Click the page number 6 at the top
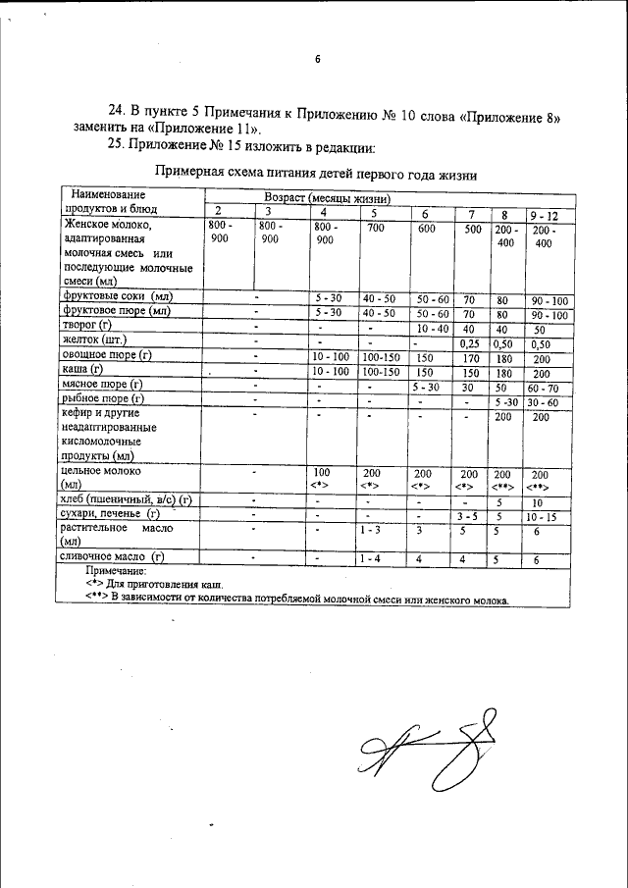pos(317,60)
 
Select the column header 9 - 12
pos(544,214)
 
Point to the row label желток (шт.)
pos(96,340)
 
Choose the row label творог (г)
pos(91,326)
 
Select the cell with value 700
pos(375,228)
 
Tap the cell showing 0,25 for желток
pos(472,343)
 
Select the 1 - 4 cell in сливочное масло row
pos(374,558)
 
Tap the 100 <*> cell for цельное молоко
pos(322,478)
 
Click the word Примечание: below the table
pos(115,570)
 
